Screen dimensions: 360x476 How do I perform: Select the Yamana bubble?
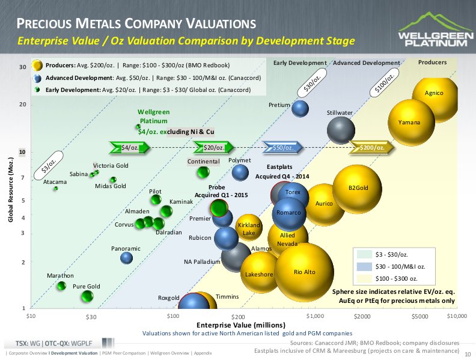(x=410, y=123)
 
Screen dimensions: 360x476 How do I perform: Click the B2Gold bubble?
(x=357, y=189)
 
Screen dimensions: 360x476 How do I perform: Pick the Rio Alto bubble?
(x=304, y=272)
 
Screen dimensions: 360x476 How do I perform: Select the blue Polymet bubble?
(x=240, y=172)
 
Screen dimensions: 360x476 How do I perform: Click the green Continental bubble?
(x=203, y=172)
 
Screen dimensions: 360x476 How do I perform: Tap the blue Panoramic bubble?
(x=126, y=258)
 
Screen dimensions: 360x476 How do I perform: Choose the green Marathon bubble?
(x=61, y=285)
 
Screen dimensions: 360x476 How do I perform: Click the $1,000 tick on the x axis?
(x=315, y=316)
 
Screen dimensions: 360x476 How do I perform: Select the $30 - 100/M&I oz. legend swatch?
(x=365, y=266)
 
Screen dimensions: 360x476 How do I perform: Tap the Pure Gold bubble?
(x=87, y=296)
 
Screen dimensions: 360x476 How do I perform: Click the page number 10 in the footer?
(x=468, y=355)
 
